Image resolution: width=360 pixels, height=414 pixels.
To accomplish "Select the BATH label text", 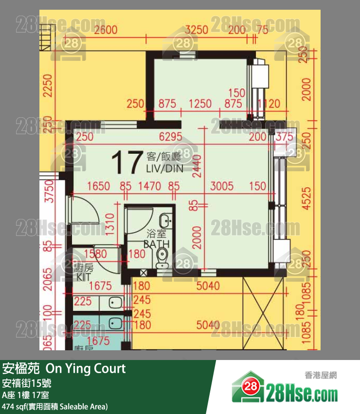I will click(x=156, y=244).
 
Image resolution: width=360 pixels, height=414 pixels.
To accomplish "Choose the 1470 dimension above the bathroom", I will click(x=150, y=186).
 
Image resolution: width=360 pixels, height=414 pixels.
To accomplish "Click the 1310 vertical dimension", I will click(x=110, y=225).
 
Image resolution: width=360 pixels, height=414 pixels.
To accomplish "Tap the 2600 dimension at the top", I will click(x=106, y=30).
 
